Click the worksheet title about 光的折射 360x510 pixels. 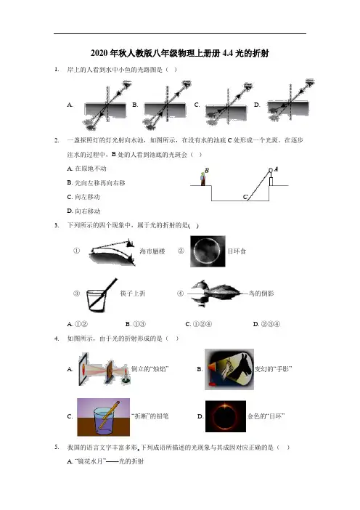point(180,53)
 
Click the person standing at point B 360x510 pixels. point(202,179)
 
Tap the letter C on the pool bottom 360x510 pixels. point(245,197)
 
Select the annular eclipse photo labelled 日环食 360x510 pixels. point(208,251)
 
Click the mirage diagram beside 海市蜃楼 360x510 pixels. point(112,252)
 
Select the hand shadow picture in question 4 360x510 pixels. point(229,369)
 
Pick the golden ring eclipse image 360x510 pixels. point(226,416)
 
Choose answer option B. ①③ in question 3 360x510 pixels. point(136,324)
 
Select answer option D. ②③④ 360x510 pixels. point(266,324)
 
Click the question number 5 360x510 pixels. point(57,448)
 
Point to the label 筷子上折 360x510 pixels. point(133,294)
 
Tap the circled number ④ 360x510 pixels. point(180,294)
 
